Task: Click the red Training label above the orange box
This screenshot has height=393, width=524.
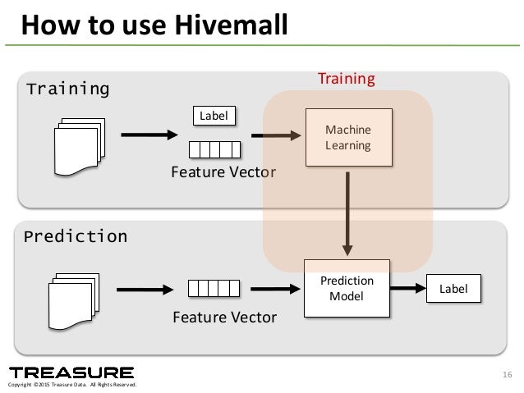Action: (x=346, y=79)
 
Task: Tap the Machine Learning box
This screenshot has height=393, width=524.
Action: (x=347, y=138)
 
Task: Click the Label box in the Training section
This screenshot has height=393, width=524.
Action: (x=214, y=116)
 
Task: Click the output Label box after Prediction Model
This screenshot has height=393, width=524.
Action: (x=453, y=288)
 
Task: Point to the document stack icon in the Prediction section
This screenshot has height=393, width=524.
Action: (x=75, y=299)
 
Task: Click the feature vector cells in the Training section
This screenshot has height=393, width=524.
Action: (x=214, y=149)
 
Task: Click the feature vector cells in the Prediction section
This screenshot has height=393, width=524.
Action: (x=214, y=288)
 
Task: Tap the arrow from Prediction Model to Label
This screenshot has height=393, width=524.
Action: (x=407, y=288)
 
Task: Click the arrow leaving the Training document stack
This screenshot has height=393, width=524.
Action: (x=149, y=135)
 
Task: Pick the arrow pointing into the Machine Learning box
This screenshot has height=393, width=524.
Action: (x=275, y=135)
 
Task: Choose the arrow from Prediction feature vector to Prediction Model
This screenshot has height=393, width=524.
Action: (x=275, y=288)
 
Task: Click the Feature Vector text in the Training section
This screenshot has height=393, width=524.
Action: (x=223, y=172)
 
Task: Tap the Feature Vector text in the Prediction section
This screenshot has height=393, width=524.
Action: (x=224, y=317)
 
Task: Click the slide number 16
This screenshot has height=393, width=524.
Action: (x=505, y=376)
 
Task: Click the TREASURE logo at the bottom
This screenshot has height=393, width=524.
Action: (x=71, y=372)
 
